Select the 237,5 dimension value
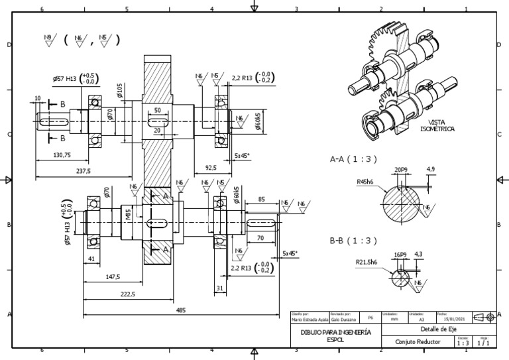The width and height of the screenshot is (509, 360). click(84, 170)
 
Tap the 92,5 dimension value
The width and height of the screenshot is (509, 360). click(210, 168)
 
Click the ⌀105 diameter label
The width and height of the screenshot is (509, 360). click(120, 90)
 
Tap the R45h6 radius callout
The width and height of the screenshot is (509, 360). click(366, 181)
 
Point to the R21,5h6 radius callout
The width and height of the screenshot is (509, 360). click(368, 263)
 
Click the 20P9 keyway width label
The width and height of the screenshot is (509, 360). click(400, 170)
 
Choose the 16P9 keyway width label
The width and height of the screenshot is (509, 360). click(400, 254)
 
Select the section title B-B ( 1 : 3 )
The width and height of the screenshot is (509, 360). click(353, 241)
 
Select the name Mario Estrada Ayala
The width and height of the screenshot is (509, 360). click(310, 319)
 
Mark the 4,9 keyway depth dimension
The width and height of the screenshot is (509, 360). click(431, 170)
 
